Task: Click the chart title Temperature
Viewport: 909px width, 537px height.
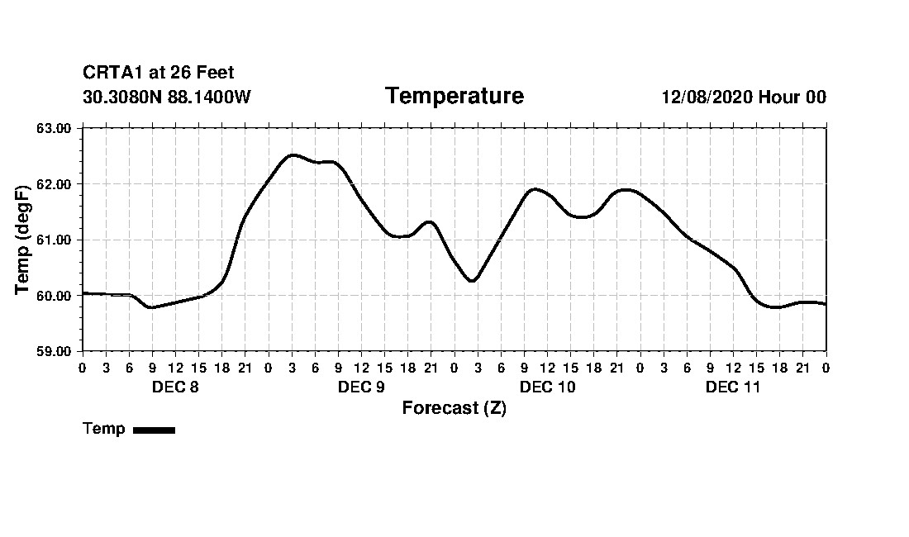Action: point(454,97)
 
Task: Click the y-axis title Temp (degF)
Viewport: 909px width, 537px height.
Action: point(24,240)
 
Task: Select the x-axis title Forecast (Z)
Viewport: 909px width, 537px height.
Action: point(454,408)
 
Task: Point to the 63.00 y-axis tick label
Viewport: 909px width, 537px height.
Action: point(55,128)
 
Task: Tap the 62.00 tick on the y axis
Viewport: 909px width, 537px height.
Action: point(55,183)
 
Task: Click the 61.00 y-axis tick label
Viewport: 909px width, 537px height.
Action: point(55,240)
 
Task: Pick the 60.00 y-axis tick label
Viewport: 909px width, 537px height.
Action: point(55,295)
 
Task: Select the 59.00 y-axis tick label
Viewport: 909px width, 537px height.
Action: point(55,351)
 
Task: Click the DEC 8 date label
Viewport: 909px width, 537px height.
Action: point(175,387)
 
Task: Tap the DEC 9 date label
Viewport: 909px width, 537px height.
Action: point(361,387)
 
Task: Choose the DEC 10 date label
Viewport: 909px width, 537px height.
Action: point(547,387)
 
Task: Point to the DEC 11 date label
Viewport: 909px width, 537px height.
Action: point(733,387)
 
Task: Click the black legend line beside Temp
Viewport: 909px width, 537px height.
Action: point(154,430)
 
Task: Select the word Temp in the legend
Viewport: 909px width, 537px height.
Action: point(104,429)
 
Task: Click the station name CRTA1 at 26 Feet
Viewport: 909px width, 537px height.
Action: point(159,74)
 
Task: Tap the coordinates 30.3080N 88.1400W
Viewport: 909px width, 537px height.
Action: point(167,97)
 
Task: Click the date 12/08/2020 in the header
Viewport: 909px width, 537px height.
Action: point(707,97)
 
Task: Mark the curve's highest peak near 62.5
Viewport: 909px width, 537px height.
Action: point(293,155)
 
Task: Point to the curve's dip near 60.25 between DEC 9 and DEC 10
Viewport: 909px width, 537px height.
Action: point(472,281)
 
